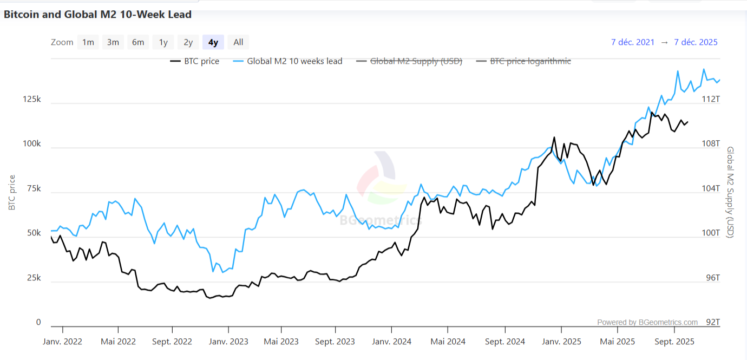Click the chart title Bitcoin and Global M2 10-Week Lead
click(97, 15)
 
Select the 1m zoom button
click(88, 42)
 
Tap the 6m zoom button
click(138, 42)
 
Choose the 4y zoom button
click(213, 42)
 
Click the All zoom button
click(238, 42)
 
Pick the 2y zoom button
click(188, 42)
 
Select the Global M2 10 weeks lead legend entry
click(288, 61)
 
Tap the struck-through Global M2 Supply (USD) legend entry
click(410, 61)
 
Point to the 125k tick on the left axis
click(31, 100)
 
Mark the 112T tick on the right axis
click(711, 99)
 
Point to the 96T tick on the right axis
click(713, 278)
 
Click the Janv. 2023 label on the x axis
click(228, 342)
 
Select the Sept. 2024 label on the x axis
click(504, 342)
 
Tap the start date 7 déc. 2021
click(633, 42)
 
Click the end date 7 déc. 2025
click(696, 42)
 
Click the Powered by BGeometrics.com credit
click(647, 323)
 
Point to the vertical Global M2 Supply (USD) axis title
click(730, 192)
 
